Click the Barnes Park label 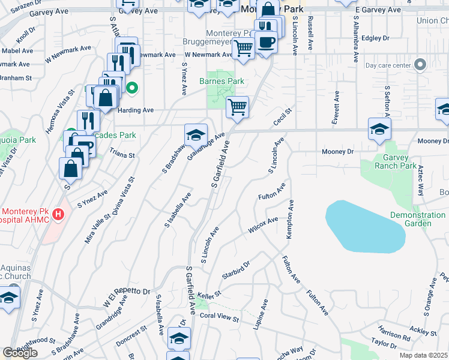click(x=221, y=81)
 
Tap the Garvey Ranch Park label click(x=396, y=161)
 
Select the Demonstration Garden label click(x=418, y=219)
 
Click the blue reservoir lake click(x=364, y=225)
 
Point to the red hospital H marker click(x=58, y=214)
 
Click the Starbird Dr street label click(x=235, y=266)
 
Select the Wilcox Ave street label click(x=263, y=226)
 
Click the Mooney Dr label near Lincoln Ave click(x=338, y=152)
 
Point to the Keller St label click(x=209, y=294)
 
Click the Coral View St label click(x=219, y=317)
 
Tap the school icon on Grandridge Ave click(x=196, y=136)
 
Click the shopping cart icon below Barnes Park click(x=237, y=107)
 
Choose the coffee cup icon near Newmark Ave click(x=265, y=42)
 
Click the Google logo click(x=20, y=353)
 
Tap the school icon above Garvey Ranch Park click(x=379, y=129)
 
